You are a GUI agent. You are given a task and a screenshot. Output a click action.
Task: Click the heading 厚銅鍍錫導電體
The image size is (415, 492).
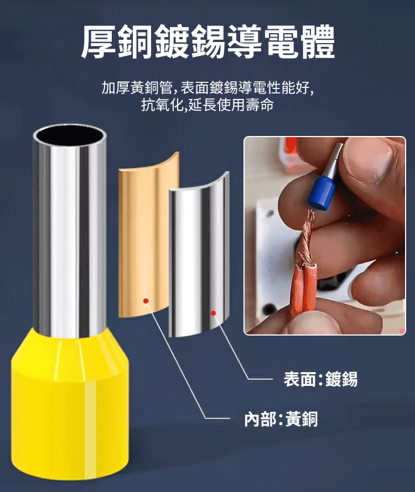point(207,41)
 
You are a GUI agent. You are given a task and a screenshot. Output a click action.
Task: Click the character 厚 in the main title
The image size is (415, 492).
point(98,41)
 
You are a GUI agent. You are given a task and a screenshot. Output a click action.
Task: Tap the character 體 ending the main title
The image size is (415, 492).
point(317,41)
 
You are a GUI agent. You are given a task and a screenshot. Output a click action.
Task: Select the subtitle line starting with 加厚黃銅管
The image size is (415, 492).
point(207,87)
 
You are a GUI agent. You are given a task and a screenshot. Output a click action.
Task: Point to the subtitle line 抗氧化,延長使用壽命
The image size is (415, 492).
point(207,104)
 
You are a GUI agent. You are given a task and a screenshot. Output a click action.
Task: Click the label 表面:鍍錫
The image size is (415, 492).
point(320,379)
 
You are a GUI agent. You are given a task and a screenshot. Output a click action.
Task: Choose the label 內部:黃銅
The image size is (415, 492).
point(281,418)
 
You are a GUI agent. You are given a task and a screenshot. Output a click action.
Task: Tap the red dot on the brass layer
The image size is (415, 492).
point(146,301)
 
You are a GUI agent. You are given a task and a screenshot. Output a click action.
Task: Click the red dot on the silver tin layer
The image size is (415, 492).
point(214,313)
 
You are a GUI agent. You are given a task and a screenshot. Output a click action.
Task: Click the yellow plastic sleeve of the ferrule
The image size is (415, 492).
point(70,405)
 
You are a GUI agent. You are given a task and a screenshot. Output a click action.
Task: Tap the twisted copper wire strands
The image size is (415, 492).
point(307,237)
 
